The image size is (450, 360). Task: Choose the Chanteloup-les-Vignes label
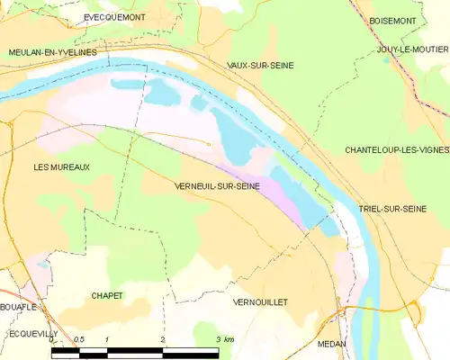(x=397, y=150)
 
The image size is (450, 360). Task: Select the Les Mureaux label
(x=61, y=167)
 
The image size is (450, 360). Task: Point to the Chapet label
(x=107, y=295)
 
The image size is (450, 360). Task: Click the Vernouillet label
(x=259, y=302)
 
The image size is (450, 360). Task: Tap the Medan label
(x=332, y=344)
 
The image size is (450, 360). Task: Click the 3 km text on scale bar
(x=224, y=339)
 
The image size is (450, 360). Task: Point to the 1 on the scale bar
(x=107, y=339)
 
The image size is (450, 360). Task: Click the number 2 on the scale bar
(x=163, y=339)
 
